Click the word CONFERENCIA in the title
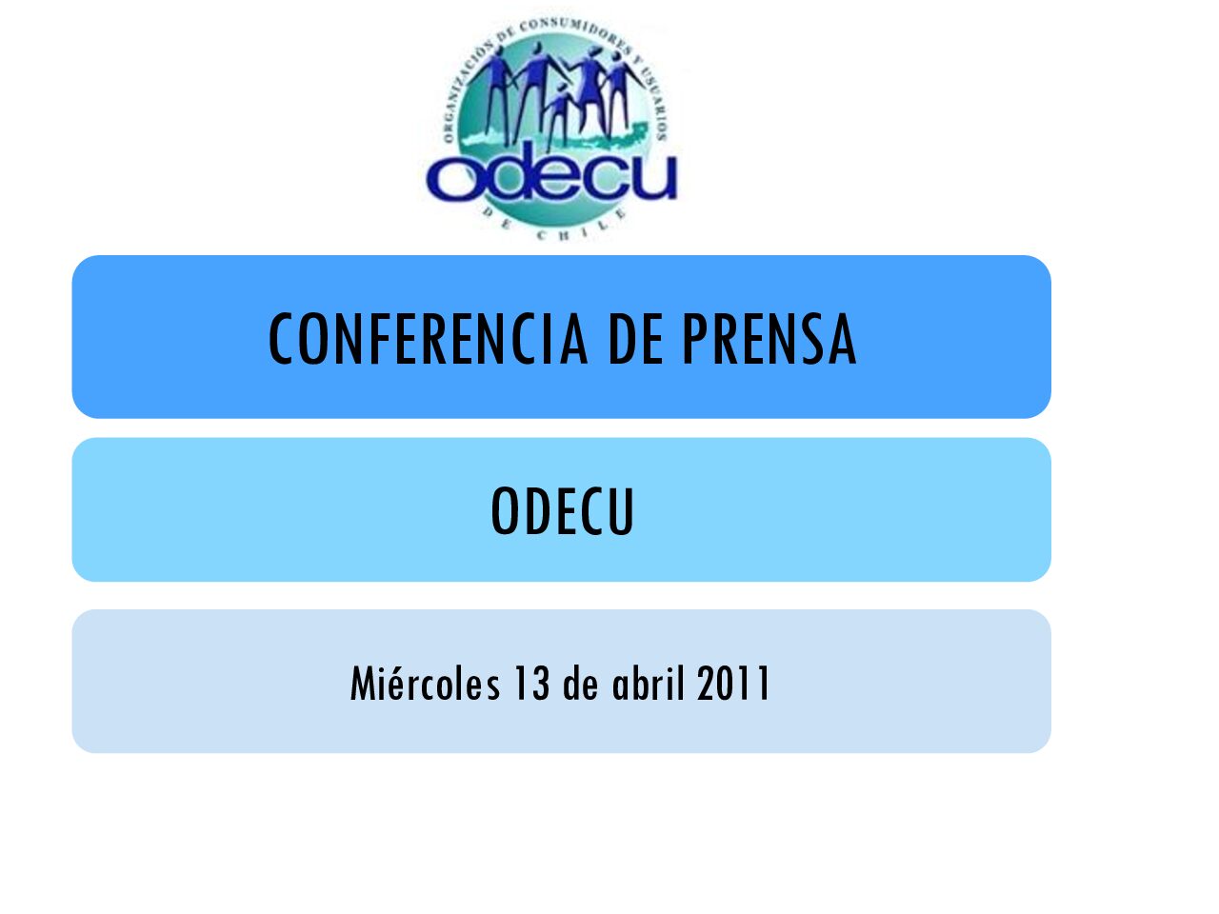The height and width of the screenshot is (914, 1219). coord(427,339)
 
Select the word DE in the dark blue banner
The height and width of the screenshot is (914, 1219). coord(636,339)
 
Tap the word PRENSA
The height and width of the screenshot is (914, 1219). coord(769,339)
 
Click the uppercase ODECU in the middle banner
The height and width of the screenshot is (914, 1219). coord(562,510)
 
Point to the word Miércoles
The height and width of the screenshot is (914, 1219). coord(425,684)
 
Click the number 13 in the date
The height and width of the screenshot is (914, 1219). coord(531,684)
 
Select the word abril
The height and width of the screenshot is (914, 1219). coord(648,684)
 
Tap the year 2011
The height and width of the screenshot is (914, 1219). coord(733,684)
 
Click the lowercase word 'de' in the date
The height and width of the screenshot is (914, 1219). coord(580,684)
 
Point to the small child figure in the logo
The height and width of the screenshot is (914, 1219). coord(558,115)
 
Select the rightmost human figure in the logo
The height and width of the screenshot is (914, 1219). coord(621,91)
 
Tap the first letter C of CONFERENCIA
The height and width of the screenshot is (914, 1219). coord(281,339)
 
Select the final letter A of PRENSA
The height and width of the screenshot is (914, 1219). coord(843,339)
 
